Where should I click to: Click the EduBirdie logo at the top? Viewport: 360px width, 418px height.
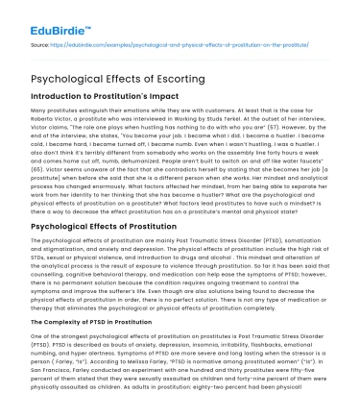coord(37,14)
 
